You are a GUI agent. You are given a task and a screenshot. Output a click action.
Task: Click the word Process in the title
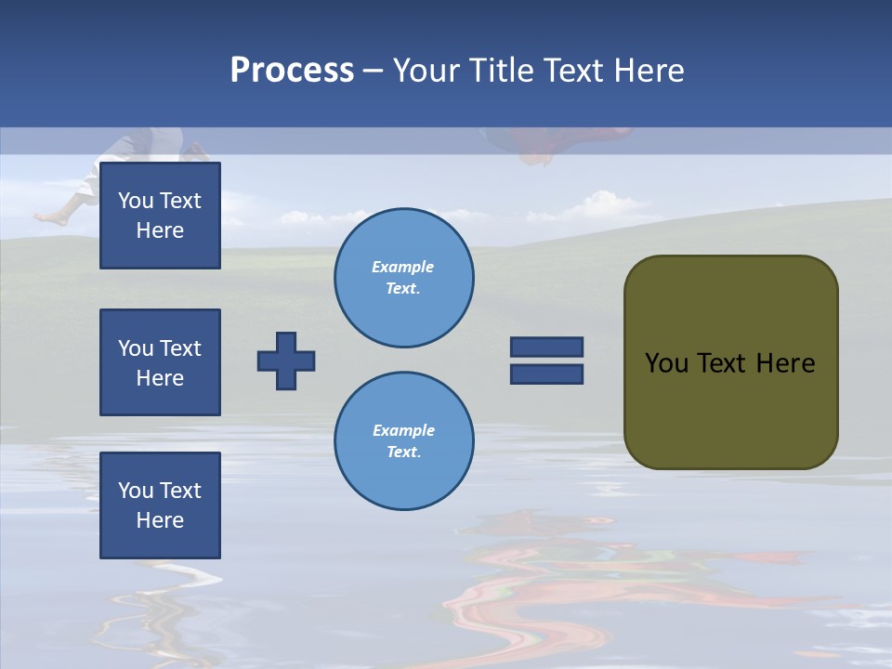pyautogui.click(x=292, y=71)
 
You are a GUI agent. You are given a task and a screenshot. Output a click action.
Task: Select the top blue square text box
pyautogui.click(x=160, y=216)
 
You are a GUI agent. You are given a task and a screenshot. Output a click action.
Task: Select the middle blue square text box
pyautogui.click(x=160, y=362)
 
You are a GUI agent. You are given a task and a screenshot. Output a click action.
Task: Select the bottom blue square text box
pyautogui.click(x=160, y=505)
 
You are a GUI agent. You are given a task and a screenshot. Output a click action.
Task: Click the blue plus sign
pyautogui.click(x=286, y=361)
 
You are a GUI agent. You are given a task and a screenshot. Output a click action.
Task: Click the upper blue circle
pyautogui.click(x=404, y=278)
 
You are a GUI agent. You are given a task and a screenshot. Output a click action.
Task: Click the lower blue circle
pyautogui.click(x=404, y=441)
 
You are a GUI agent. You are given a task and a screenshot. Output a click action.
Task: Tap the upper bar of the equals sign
pyautogui.click(x=546, y=347)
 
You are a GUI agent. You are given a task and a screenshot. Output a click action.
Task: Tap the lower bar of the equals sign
pyautogui.click(x=546, y=374)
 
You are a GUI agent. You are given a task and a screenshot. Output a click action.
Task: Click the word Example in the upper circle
pyautogui.click(x=403, y=267)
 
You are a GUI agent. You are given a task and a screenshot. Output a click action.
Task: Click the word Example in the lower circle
pyautogui.click(x=403, y=430)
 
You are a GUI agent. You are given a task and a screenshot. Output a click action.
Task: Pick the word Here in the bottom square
pyautogui.click(x=160, y=520)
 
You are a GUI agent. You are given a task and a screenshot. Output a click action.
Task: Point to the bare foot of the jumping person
pyautogui.click(x=51, y=218)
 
